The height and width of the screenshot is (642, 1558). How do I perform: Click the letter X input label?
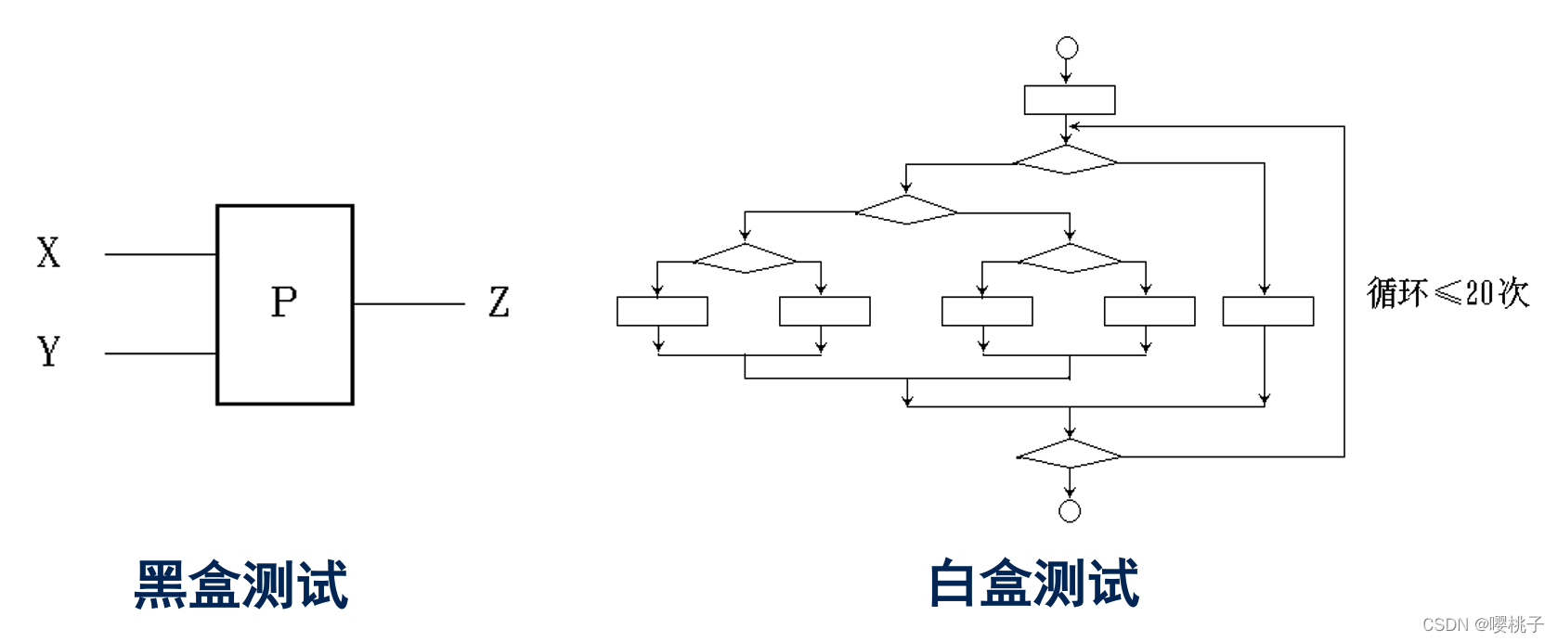click(x=48, y=252)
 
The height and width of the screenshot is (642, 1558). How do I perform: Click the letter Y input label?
click(x=48, y=352)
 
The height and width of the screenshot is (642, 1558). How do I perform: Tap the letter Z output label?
click(x=499, y=302)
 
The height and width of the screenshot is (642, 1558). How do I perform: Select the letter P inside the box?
click(x=284, y=302)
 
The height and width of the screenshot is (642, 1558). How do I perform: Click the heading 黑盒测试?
click(x=241, y=584)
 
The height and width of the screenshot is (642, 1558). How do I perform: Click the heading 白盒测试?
click(x=1034, y=584)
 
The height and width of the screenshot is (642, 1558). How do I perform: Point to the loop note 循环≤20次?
click(x=1448, y=292)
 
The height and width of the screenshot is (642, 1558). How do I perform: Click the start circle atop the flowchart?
click(x=1068, y=47)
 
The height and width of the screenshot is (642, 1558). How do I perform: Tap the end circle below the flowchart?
click(x=1070, y=511)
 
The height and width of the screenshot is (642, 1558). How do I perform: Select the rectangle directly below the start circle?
click(x=1070, y=100)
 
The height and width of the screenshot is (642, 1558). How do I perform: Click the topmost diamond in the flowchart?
click(x=1066, y=160)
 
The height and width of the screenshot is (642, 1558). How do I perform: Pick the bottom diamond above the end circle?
click(x=1070, y=454)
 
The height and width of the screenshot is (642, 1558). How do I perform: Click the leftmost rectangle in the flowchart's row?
click(x=662, y=311)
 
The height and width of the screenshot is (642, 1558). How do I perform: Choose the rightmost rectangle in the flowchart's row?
click(x=1268, y=311)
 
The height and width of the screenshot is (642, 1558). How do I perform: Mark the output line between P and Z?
click(x=409, y=303)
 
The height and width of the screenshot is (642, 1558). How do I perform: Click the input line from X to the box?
click(x=160, y=253)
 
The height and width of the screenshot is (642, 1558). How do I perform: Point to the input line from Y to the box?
click(x=160, y=353)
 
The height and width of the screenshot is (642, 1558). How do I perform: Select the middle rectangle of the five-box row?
click(x=987, y=311)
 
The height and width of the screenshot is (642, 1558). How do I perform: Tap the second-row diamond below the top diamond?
click(x=906, y=210)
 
